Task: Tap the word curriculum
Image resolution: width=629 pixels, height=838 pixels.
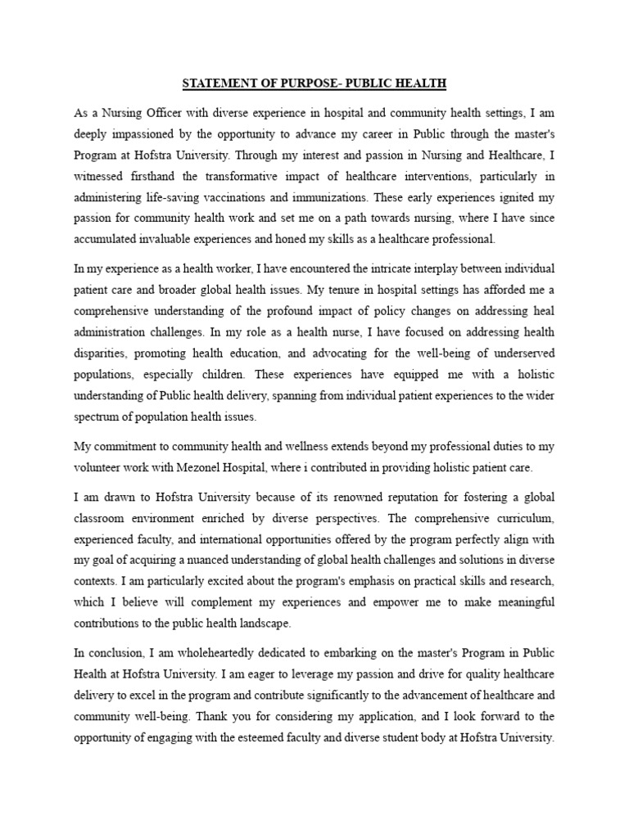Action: click(x=523, y=519)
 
